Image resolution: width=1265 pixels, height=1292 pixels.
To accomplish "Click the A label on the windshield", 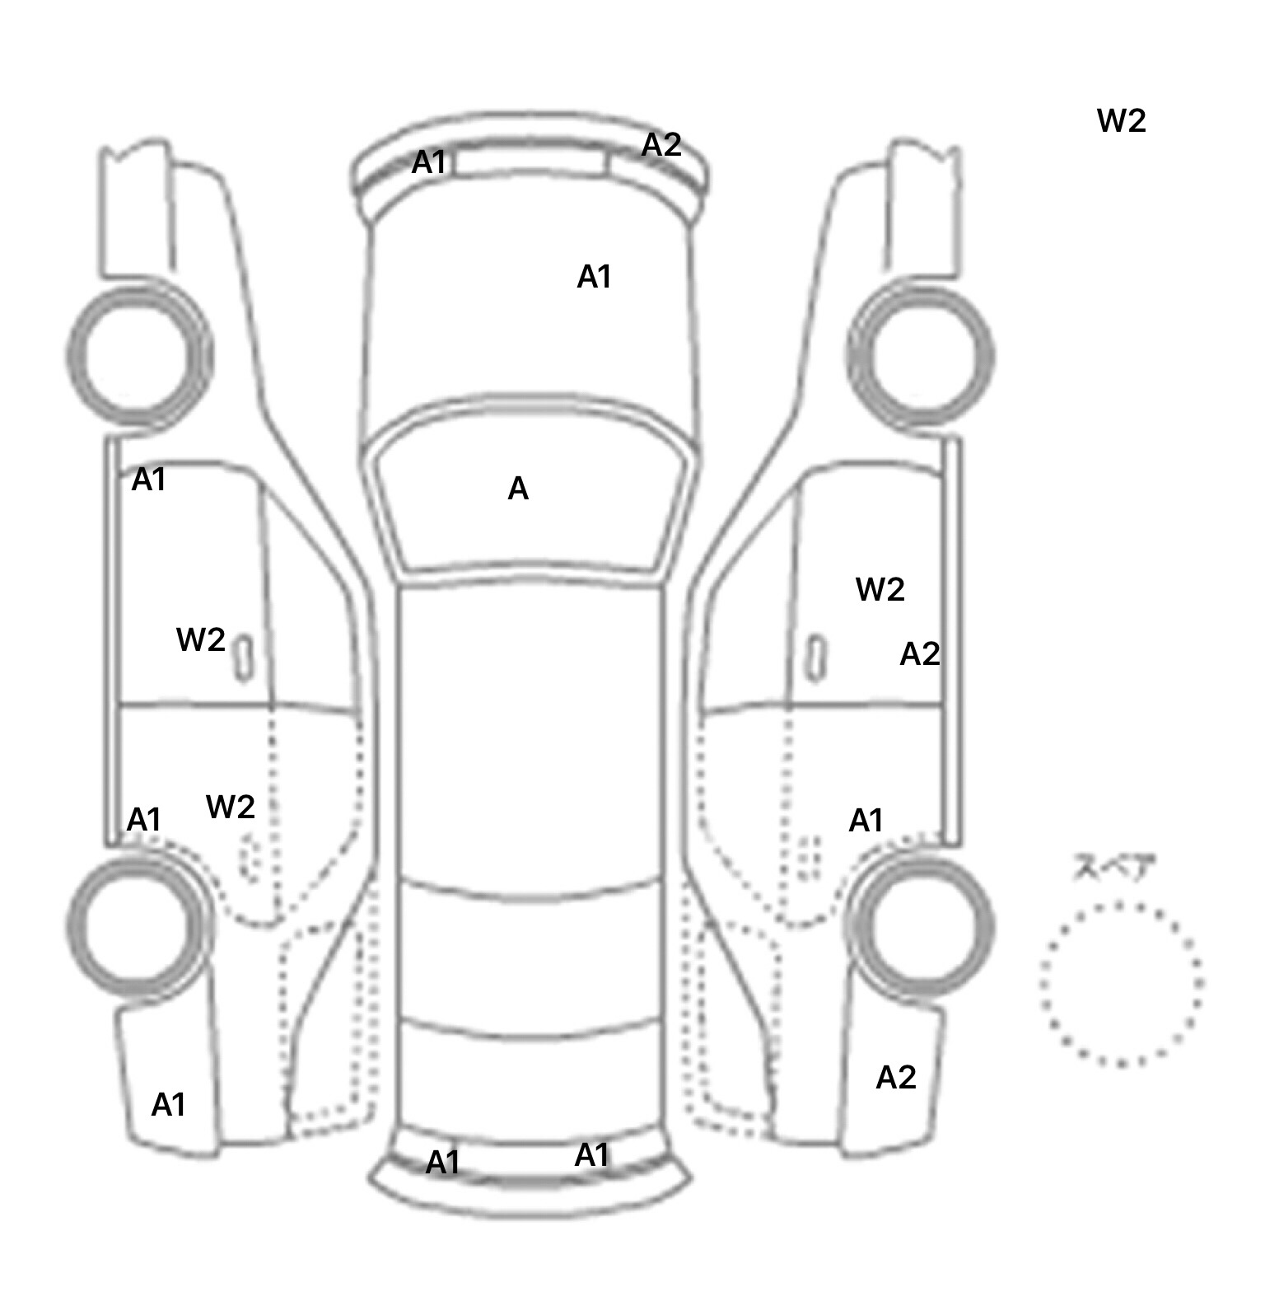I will click(517, 489).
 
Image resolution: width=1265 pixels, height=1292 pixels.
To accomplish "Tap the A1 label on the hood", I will click(594, 277).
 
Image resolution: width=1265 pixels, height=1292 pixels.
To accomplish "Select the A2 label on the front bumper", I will click(661, 145).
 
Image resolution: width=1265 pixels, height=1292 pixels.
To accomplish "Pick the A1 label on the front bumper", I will click(428, 162).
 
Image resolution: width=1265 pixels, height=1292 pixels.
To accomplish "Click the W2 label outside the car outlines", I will click(1121, 121).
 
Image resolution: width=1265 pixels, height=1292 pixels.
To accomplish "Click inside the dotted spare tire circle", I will click(1120, 983).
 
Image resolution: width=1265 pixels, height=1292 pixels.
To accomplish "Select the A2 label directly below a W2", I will click(919, 654).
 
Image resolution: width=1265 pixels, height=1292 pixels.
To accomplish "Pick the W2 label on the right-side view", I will click(880, 589).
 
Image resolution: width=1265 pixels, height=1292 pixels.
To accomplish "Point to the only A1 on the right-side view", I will click(866, 821).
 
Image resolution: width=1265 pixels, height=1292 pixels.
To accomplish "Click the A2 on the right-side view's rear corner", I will click(895, 1077).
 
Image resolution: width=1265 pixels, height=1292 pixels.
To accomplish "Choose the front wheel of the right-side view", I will click(920, 356).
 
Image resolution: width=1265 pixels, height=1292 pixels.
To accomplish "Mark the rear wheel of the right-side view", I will click(920, 923).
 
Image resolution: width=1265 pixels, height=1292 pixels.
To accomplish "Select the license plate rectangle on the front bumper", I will click(530, 163).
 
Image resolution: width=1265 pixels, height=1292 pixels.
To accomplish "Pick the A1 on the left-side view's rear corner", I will click(168, 1104).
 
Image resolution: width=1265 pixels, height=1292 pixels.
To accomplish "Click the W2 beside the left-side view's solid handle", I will click(200, 639).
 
